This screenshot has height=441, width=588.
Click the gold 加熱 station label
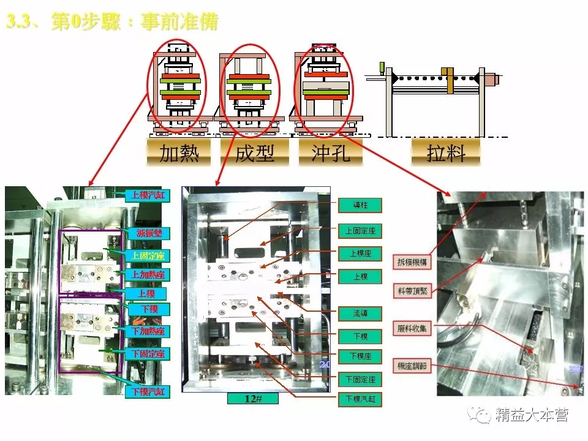point(179,153)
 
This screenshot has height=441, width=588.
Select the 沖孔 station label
point(330,153)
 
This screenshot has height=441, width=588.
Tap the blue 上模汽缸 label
point(148,196)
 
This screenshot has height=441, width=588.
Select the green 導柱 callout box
point(360,205)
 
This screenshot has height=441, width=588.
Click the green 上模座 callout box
point(360,253)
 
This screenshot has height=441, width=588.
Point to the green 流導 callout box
point(360,314)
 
